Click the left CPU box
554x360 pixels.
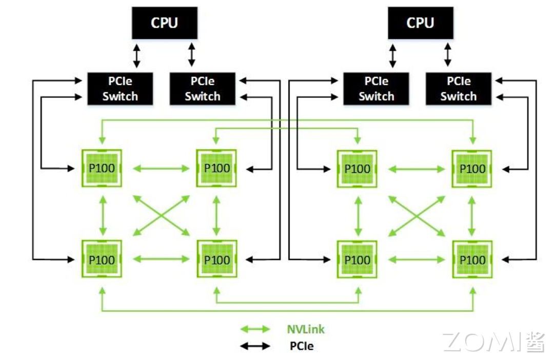coord(164,23)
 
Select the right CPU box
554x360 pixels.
coord(420,23)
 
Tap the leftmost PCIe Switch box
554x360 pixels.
coord(120,89)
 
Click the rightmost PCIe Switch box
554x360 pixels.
coord(459,89)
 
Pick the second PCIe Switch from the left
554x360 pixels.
coord(203,89)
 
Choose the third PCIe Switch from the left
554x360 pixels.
coord(376,89)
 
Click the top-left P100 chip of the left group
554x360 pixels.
coord(102,168)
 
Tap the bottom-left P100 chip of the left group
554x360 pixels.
coord(102,259)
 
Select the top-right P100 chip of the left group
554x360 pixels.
coord(216,168)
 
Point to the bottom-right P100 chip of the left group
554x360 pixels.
coord(216,259)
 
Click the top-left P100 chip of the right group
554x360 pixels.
coord(357,168)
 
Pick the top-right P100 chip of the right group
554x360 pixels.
coord(472,168)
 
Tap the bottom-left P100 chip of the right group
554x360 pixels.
coord(357,259)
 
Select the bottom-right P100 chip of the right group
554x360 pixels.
coord(472,259)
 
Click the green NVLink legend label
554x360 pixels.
coord(306,329)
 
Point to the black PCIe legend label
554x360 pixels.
coord(301,346)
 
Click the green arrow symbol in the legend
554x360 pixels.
coord(255,329)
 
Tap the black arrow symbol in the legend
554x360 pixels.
coord(255,346)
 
